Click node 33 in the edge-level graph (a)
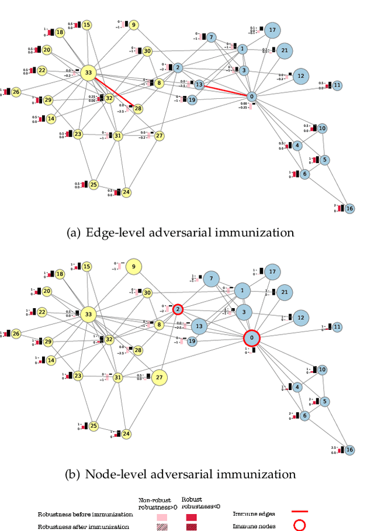[x=88, y=73]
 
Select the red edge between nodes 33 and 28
[x=115, y=92]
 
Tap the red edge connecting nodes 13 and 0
[x=225, y=90]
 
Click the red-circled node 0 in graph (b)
[x=252, y=338]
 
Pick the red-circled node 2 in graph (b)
[x=178, y=309]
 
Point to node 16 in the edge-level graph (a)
[x=349, y=209]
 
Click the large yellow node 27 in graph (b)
[x=158, y=378]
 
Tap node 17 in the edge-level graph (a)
[x=272, y=30]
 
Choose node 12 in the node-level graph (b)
[x=300, y=318]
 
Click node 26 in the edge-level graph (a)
[x=16, y=92]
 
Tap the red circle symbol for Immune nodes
[x=299, y=525]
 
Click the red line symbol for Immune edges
[x=299, y=513]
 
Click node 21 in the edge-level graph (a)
[x=284, y=51]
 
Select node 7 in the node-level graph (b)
[x=211, y=279]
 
